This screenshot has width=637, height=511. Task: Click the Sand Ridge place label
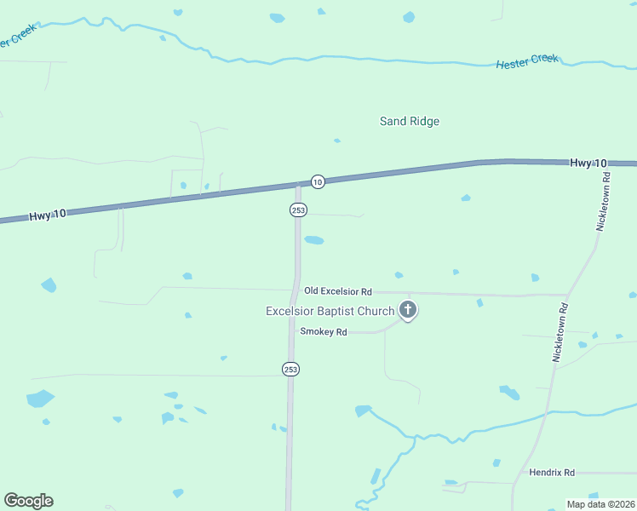(410, 121)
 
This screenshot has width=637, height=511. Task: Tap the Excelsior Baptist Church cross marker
(408, 310)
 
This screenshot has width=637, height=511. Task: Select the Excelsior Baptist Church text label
(330, 311)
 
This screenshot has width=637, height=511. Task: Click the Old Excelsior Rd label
(338, 291)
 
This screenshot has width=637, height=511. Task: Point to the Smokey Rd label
(324, 332)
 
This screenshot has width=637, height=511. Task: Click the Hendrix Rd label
(552, 472)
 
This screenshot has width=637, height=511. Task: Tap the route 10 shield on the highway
(317, 181)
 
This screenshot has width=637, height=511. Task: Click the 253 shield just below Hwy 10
(298, 210)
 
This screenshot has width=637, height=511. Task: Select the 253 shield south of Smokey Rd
(290, 369)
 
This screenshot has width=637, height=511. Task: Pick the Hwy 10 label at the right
(588, 163)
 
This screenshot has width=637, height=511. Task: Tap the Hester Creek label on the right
(528, 61)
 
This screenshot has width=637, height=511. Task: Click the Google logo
(28, 501)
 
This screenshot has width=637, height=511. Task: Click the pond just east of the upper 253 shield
(314, 240)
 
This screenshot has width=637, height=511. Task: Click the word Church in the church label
(376, 311)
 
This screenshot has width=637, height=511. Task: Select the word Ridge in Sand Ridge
(424, 121)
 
